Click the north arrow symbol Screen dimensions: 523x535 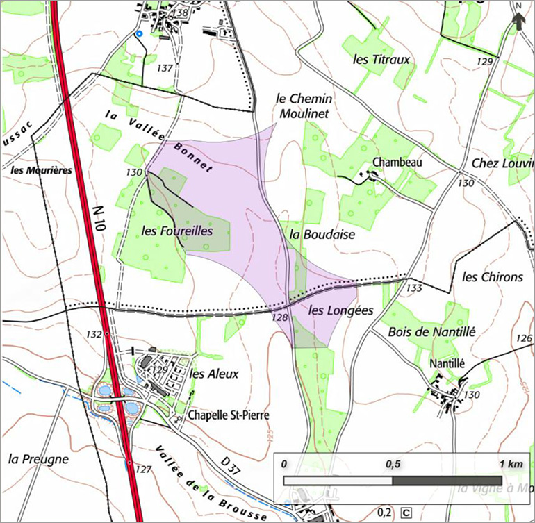[518, 17]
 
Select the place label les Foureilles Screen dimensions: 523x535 [176, 230]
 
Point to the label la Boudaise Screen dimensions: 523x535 [321, 235]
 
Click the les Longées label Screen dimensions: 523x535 [341, 310]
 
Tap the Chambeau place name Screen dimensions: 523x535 [397, 162]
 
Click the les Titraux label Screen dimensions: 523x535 [381, 60]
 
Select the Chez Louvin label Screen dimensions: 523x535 [502, 163]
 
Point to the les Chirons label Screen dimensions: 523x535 [492, 277]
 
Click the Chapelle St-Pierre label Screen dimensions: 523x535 [228, 416]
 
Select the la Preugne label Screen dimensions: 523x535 [38, 459]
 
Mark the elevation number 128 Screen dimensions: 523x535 [281, 317]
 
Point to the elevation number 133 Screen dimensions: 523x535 [415, 288]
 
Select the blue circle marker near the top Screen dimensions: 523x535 [138, 33]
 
